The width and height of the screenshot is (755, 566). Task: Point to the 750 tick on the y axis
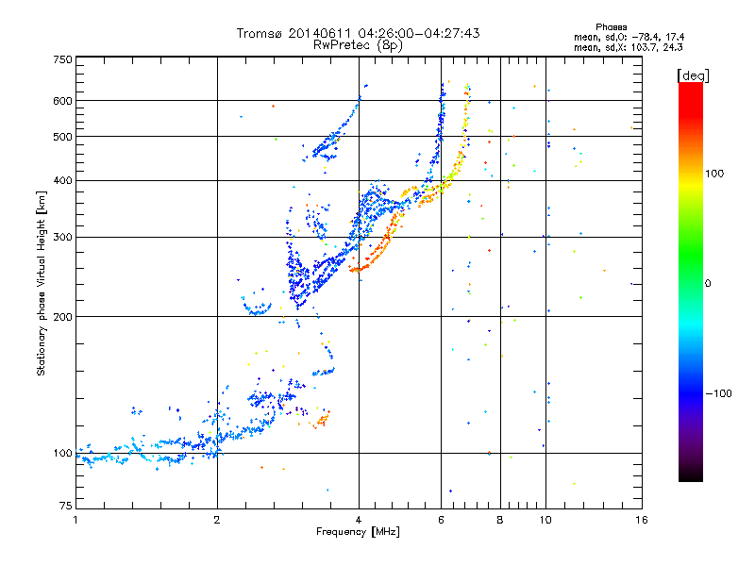(x=63, y=59)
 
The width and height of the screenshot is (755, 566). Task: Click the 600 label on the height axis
(x=63, y=101)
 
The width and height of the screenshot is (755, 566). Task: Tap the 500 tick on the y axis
(x=63, y=137)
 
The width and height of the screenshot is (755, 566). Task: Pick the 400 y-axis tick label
(x=63, y=180)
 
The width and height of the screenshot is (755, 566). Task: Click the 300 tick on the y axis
(x=63, y=238)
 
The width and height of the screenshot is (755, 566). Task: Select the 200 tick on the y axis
(x=63, y=317)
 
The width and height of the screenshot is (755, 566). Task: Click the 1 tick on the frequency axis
(x=75, y=519)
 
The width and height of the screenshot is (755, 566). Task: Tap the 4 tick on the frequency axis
(x=359, y=519)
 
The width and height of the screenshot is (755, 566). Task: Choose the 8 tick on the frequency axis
(x=500, y=519)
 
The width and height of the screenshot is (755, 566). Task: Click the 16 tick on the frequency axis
(x=640, y=519)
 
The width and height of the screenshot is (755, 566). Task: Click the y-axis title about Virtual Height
(x=42, y=283)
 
